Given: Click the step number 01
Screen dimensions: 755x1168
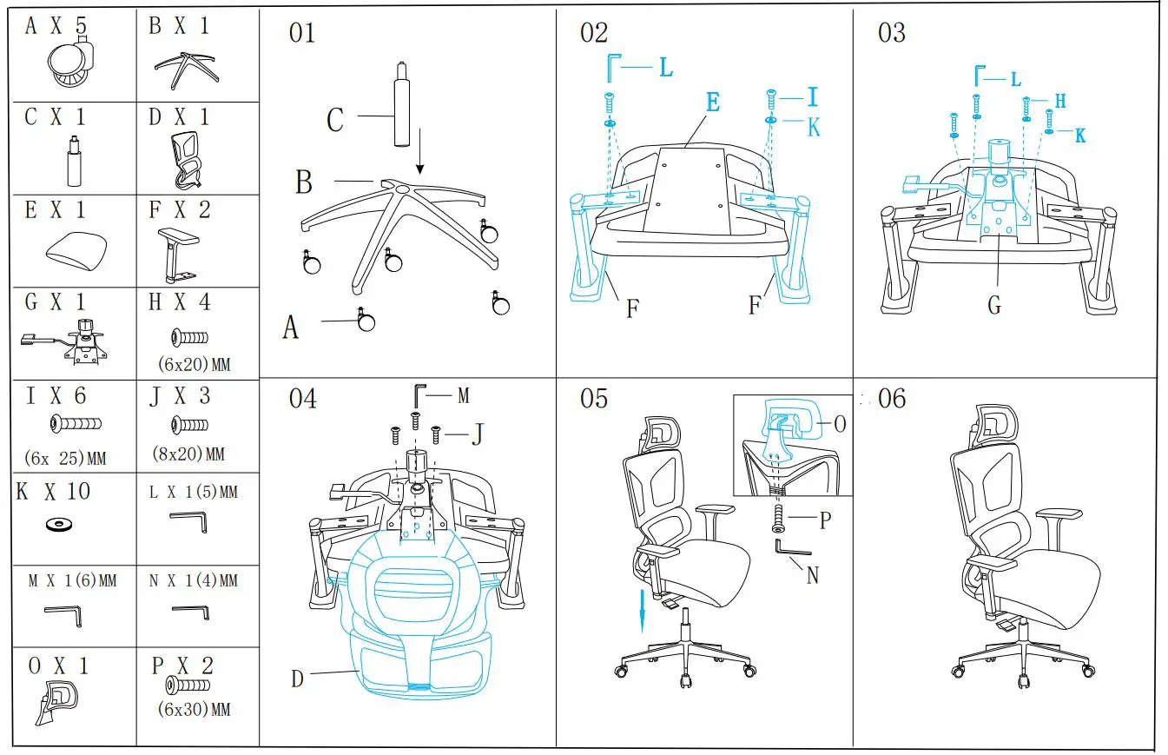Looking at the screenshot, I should [x=302, y=34].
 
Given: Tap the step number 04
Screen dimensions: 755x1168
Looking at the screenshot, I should [x=302, y=399].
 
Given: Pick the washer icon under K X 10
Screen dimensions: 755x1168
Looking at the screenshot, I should [x=59, y=524].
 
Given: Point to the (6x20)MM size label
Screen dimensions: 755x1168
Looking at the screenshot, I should [x=196, y=363].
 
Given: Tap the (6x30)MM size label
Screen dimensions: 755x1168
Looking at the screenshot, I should [x=196, y=710].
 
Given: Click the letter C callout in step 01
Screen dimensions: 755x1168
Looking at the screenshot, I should [x=334, y=120].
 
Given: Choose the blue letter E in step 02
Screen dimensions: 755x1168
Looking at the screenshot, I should [x=712, y=103].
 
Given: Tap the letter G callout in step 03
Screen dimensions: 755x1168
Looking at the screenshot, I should [x=994, y=306].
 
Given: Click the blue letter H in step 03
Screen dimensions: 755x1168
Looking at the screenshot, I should [x=1059, y=101].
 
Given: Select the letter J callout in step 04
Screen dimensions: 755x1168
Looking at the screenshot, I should [x=477, y=434].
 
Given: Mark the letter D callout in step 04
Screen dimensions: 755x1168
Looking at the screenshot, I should [x=297, y=679].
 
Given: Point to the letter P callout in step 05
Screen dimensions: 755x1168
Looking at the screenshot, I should [x=825, y=520].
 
